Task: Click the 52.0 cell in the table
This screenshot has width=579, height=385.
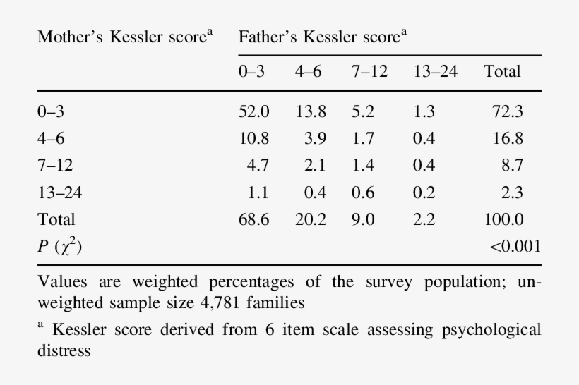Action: coord(254,111)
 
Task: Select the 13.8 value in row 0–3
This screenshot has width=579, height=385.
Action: coord(311,111)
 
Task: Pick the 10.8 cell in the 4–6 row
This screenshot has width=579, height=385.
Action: coord(254,138)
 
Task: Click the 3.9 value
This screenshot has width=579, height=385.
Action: coord(316,138)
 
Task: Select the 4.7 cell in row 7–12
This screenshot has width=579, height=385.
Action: coord(258,165)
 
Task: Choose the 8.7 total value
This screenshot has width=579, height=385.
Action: coord(512,165)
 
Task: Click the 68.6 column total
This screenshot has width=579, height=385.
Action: coord(254,219)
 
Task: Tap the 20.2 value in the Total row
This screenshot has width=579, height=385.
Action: coord(311,219)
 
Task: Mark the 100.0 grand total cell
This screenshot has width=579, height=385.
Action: coord(503,219)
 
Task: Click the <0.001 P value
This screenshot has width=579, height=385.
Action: coord(515,246)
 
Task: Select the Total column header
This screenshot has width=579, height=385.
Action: coord(502,71)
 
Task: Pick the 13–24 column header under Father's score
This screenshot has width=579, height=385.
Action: coord(435,71)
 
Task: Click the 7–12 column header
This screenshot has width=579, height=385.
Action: coord(369,71)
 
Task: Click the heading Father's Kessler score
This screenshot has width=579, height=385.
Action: coord(322,37)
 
